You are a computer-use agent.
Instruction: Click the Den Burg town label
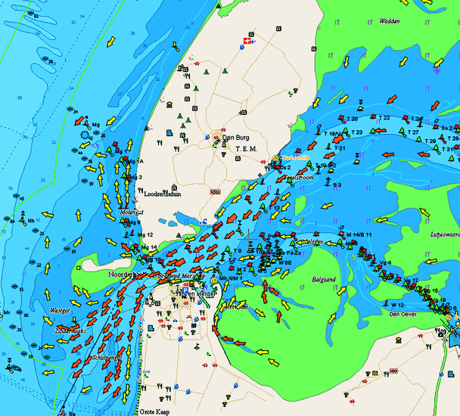235,137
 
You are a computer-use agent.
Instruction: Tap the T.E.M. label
247,149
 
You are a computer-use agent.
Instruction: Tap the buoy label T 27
413,132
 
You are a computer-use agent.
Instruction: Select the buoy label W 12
397,304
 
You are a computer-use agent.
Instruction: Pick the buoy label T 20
352,119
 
